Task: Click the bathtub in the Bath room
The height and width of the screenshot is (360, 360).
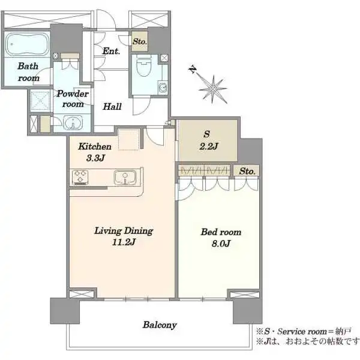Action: pyautogui.click(x=26, y=44)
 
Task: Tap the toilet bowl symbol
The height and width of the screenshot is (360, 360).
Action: pyautogui.click(x=143, y=65)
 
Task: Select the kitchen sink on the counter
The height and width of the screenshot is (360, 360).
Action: pyautogui.click(x=125, y=177)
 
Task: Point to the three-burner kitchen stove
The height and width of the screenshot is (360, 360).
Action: pyautogui.click(x=80, y=177)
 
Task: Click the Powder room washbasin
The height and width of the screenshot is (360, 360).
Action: pyautogui.click(x=73, y=123)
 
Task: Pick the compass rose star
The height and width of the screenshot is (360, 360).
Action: pyautogui.click(x=213, y=89)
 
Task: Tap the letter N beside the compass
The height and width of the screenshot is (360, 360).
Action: pyautogui.click(x=193, y=69)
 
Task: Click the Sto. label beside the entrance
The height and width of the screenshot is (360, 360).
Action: pyautogui.click(x=140, y=41)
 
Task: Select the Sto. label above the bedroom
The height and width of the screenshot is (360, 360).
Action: pyautogui.click(x=247, y=171)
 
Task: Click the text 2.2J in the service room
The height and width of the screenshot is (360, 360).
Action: pyautogui.click(x=208, y=146)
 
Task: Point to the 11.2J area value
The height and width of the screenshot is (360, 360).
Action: pyautogui.click(x=124, y=242)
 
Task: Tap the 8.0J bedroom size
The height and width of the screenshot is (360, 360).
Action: pyautogui.click(x=221, y=244)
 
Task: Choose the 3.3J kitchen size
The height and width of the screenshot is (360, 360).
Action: pyautogui.click(x=95, y=158)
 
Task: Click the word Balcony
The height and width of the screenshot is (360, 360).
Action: pyautogui.click(x=160, y=325)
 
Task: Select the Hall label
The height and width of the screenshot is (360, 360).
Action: pyautogui.click(x=112, y=107)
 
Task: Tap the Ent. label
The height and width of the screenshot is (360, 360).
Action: pyautogui.click(x=111, y=51)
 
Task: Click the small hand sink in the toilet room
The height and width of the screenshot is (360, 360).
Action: pyautogui.click(x=163, y=88)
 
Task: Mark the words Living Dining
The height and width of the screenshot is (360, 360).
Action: pyautogui.click(x=124, y=231)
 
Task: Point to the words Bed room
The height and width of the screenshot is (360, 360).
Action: pyautogui.click(x=221, y=232)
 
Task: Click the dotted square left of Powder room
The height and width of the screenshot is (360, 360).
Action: pyautogui.click(x=40, y=100)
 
